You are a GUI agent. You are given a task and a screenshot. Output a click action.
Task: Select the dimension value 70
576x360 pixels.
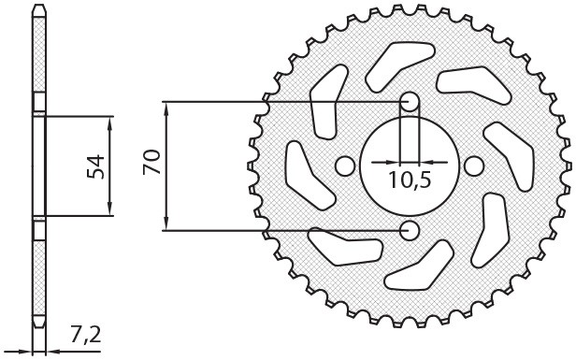pos(150,165)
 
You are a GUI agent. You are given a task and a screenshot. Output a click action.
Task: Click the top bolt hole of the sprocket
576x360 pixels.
pos(409,102)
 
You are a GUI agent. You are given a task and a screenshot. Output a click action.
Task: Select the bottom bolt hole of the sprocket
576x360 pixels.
pos(409,229)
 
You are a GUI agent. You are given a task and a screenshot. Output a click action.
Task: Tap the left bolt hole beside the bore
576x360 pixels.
pos(345,166)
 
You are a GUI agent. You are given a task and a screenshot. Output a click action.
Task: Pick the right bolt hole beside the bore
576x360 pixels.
pos(472,166)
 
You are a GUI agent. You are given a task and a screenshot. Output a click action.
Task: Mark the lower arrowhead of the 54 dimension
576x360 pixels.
pos(111,211)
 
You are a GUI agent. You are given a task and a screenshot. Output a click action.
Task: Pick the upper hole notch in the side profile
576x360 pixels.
pos(38,102)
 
